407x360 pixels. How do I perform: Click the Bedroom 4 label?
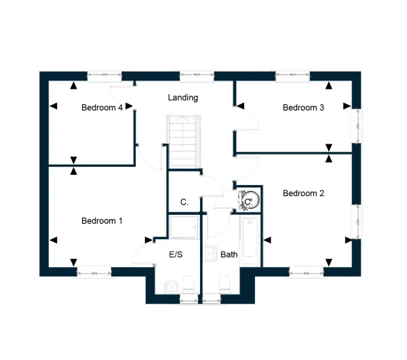(102, 107)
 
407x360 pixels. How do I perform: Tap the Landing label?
(182, 98)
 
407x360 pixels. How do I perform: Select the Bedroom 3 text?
(303, 107)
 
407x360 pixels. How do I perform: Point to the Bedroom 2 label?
(303, 193)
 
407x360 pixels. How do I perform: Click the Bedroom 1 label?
(102, 221)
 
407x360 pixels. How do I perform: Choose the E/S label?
(176, 254)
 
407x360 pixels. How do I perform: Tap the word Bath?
(229, 255)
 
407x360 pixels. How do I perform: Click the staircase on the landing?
(184, 141)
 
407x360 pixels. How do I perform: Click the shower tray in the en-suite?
(184, 227)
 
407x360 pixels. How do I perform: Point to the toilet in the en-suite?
(188, 285)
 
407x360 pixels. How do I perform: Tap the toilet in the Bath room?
(225, 285)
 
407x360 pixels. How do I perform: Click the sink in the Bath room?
(210, 254)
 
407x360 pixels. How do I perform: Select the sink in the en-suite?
(172, 287)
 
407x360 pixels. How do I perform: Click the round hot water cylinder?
(251, 200)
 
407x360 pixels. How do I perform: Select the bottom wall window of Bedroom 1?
(94, 273)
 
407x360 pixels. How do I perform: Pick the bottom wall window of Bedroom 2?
(307, 273)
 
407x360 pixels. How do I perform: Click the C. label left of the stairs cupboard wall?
(185, 202)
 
